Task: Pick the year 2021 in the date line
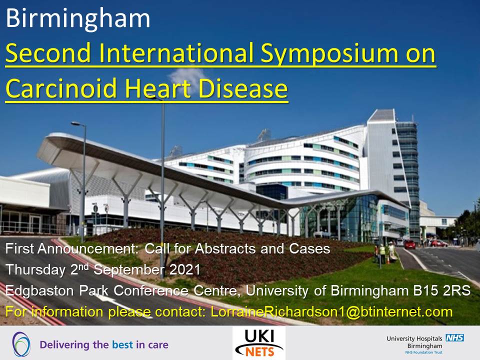click(185, 269)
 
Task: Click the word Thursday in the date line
click(35, 270)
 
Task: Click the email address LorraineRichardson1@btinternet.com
click(331, 312)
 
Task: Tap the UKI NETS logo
click(259, 343)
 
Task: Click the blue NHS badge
click(454, 337)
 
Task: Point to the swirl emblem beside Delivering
click(21, 344)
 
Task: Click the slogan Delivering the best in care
click(104, 344)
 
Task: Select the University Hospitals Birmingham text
click(414, 342)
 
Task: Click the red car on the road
click(409, 244)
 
